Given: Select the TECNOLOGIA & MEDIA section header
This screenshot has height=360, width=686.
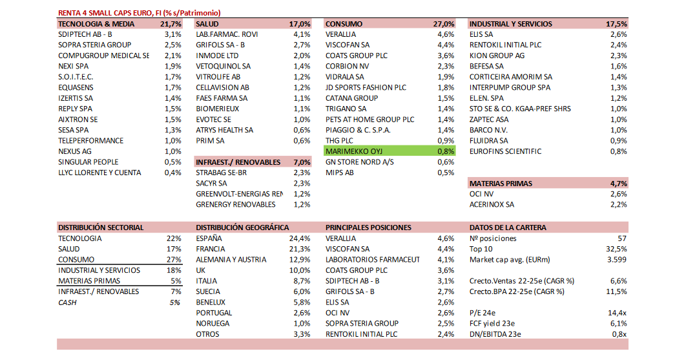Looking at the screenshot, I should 96,24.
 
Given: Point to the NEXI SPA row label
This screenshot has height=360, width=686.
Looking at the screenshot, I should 74,67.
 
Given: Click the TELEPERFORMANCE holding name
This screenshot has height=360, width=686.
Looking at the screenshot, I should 90,141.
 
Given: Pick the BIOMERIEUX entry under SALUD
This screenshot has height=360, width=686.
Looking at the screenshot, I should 218,109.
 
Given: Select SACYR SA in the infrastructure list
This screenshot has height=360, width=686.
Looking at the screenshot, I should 211,184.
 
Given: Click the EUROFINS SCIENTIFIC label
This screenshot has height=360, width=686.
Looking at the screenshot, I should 506,151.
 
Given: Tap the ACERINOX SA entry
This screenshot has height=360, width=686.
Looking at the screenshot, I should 492,205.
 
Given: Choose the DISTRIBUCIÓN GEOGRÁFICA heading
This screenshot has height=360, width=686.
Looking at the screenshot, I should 242,228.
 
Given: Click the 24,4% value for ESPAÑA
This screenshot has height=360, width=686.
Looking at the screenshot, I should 300,238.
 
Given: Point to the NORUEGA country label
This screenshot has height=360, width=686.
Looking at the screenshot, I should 213,324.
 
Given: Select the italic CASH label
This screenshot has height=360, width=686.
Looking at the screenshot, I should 68,302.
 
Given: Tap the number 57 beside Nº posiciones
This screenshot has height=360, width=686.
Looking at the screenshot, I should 622,238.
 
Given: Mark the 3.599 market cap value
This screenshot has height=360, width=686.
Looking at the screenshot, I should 617,260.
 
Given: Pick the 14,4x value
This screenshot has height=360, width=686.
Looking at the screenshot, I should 618,313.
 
